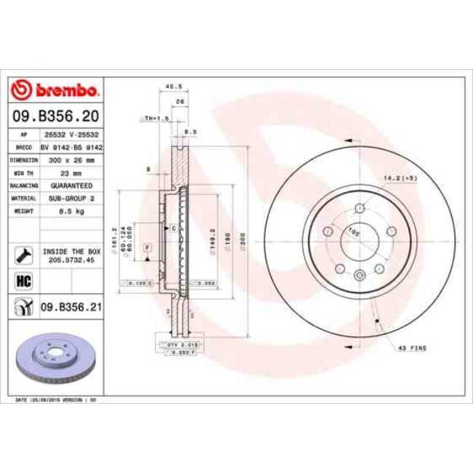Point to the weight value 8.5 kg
click(x=71, y=211)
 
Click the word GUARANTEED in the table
click(x=71, y=185)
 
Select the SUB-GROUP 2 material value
click(x=71, y=198)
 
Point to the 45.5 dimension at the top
click(x=173, y=86)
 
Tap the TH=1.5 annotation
click(x=155, y=116)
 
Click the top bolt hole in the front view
click(x=360, y=210)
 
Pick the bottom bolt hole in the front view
click(x=360, y=274)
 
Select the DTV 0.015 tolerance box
click(x=178, y=343)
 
